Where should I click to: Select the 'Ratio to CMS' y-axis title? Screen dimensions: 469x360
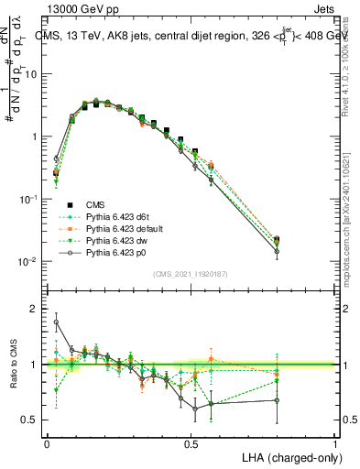(x=15, y=365)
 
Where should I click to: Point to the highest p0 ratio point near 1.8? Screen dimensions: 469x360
(x=56, y=322)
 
